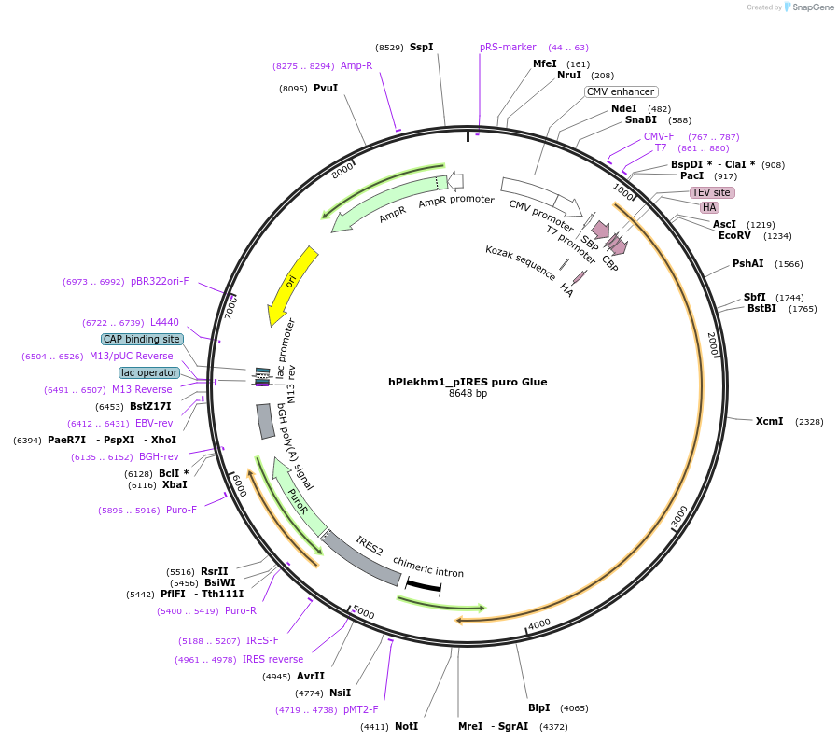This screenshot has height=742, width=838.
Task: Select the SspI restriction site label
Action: tap(421, 47)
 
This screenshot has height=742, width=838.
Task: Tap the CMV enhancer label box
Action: tap(621, 91)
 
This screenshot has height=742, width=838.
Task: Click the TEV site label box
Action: tap(712, 192)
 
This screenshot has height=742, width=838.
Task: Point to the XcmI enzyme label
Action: tap(769, 422)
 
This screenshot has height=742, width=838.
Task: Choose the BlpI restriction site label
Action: tap(539, 708)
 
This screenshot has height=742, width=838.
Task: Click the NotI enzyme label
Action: tap(406, 726)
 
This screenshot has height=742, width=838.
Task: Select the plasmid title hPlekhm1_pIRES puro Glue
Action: tap(468, 382)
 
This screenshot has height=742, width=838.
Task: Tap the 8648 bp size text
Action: tap(468, 394)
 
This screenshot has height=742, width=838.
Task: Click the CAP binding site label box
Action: tap(143, 339)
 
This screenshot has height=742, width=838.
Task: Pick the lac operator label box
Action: tap(149, 372)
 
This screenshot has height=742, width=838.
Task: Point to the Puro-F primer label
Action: tap(181, 510)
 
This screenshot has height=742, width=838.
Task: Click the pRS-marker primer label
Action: tap(508, 47)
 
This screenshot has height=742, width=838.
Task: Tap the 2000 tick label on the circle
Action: tap(712, 343)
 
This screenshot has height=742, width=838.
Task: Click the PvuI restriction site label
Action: tap(326, 89)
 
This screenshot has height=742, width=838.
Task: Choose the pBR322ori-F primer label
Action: tap(160, 281)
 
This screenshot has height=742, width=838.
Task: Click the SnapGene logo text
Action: tap(811, 7)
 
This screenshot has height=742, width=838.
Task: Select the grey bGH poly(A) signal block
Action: tap(265, 421)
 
